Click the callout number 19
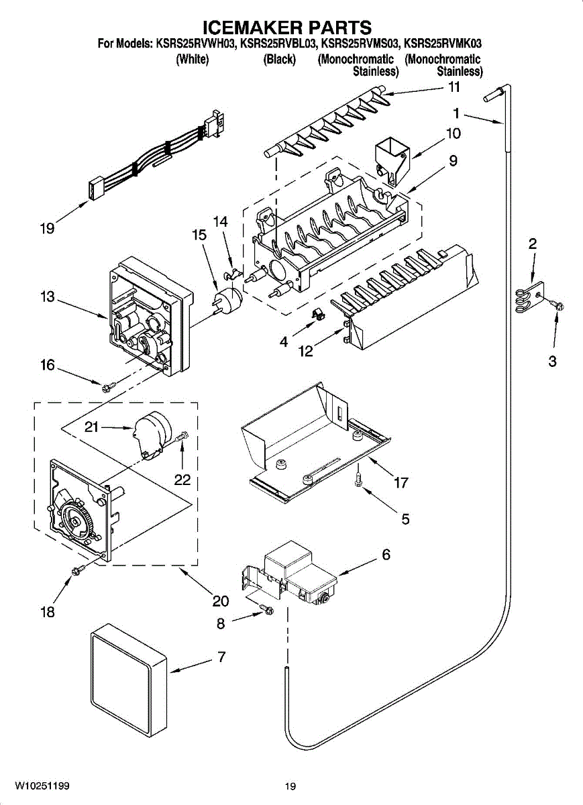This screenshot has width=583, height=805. pyautogui.click(x=47, y=228)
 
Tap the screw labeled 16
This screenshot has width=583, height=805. pyautogui.click(x=109, y=387)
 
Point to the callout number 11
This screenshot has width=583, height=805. pyautogui.click(x=454, y=87)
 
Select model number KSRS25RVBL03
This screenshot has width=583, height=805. pyautogui.click(x=278, y=44)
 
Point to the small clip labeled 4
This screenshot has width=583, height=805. pyautogui.click(x=318, y=313)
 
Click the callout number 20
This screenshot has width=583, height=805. pyautogui.click(x=220, y=600)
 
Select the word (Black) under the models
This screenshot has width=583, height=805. pyautogui.click(x=280, y=59)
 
